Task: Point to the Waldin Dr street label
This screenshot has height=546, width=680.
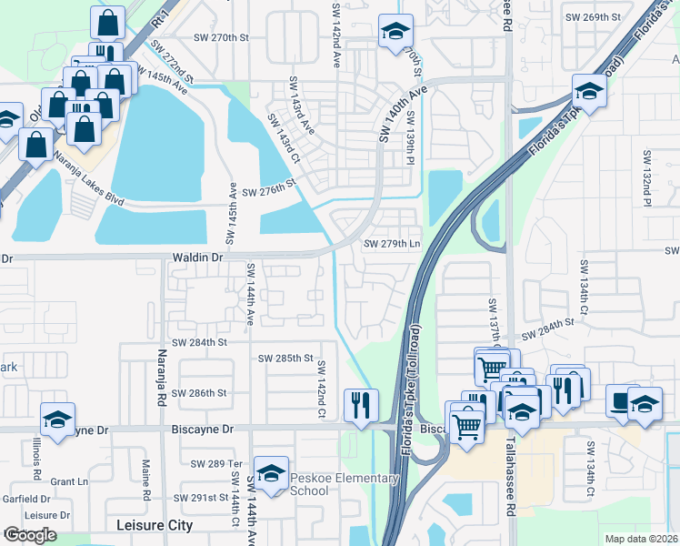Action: coord(197,258)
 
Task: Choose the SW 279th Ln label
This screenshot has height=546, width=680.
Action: coord(393,244)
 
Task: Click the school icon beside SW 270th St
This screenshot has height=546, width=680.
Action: coord(395,32)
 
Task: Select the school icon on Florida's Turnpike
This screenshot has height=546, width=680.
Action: coord(589,92)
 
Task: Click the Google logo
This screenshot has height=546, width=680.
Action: coord(30,535)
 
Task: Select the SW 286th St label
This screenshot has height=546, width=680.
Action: coord(198,393)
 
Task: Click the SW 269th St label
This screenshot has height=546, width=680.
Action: coord(592,17)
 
